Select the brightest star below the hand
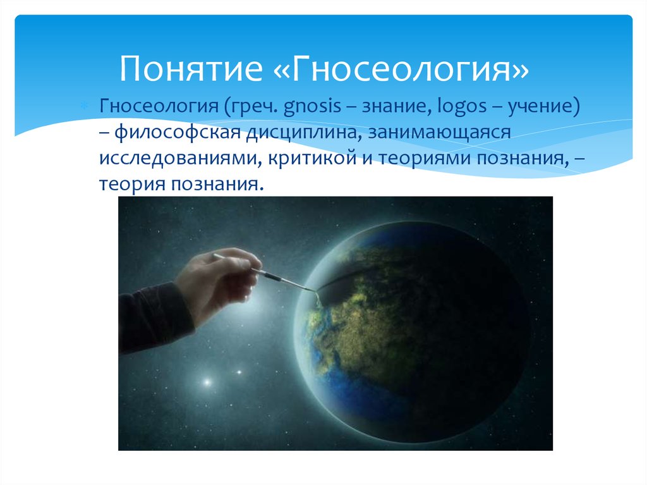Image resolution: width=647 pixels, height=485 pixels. tap(206, 381)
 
